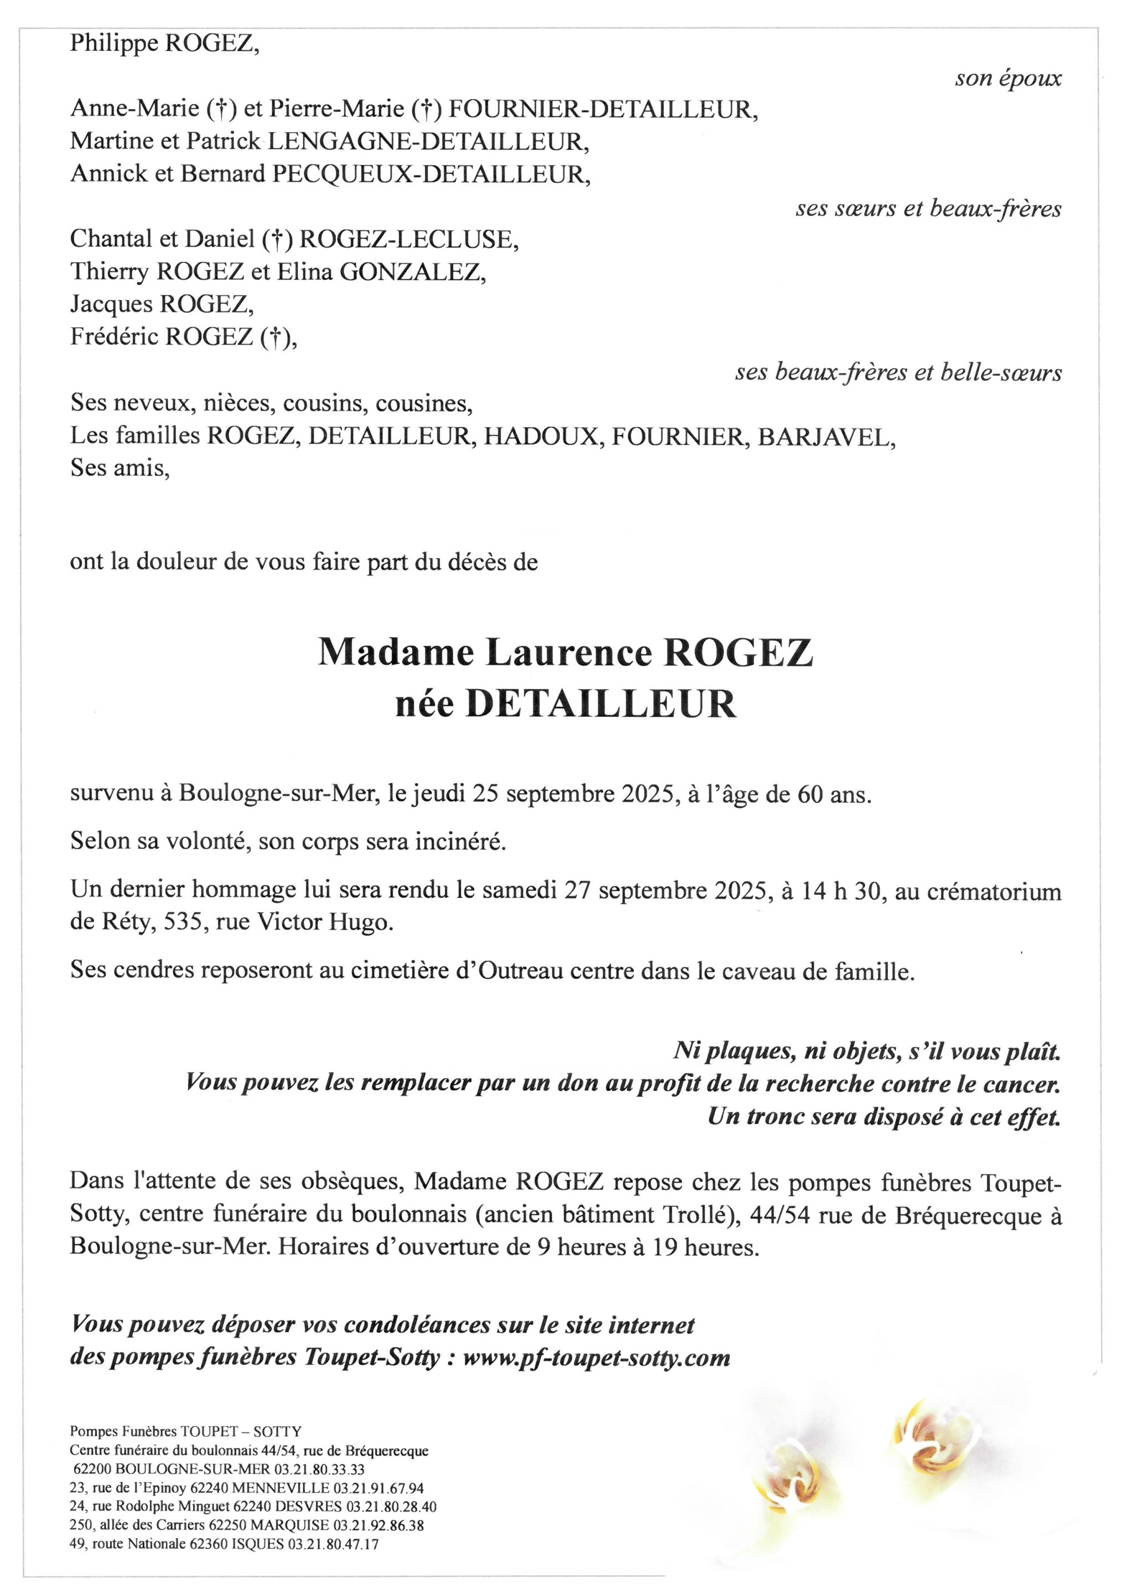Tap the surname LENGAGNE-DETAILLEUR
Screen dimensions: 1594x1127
click(x=428, y=142)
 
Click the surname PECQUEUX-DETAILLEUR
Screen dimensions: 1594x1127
click(x=431, y=174)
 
